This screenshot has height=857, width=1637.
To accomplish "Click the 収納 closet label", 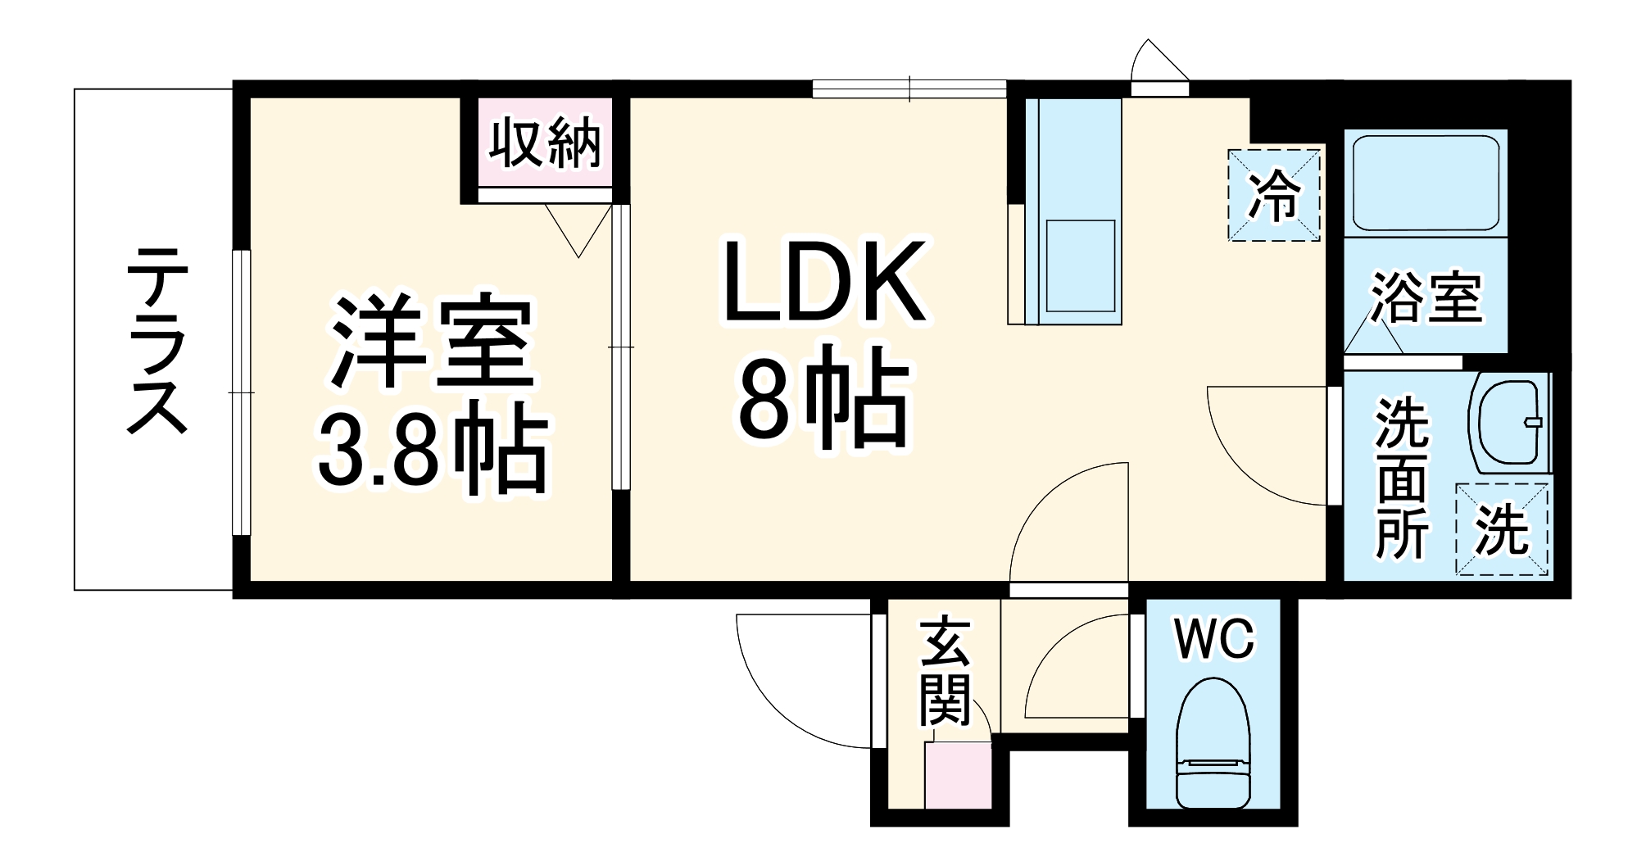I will [x=545, y=145].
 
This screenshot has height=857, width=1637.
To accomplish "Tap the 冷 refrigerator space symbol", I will [x=1273, y=195].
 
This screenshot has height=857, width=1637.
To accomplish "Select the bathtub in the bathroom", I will [x=1426, y=184].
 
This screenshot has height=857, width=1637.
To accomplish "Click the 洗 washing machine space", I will [x=1502, y=531].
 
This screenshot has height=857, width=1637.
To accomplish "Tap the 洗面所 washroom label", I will [x=1401, y=478].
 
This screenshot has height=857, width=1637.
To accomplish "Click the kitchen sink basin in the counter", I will [x=1080, y=266].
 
